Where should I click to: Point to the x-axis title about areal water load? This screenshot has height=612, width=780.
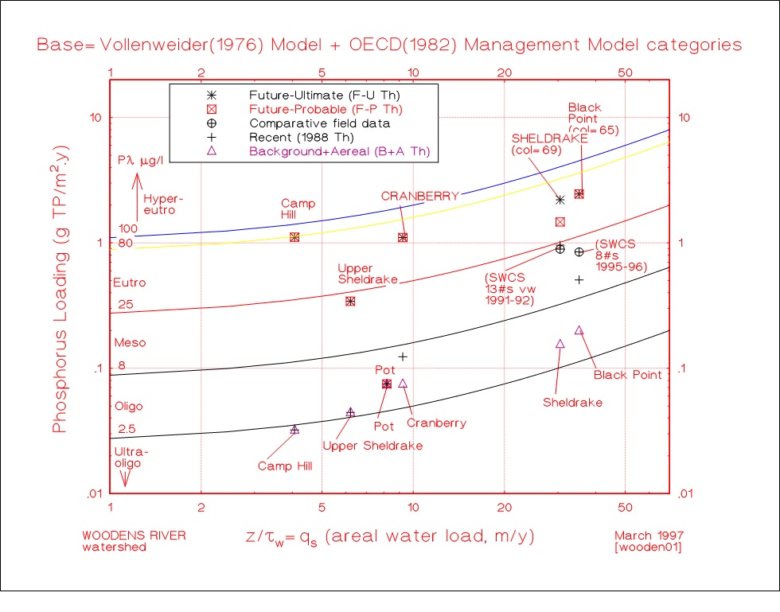coord(389,537)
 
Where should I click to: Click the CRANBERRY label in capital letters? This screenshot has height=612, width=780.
coord(409,196)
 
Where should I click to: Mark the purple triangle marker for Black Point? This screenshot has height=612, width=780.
coord(579,329)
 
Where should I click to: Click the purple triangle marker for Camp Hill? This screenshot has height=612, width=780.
coord(294,429)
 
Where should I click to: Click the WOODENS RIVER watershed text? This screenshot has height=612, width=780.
coord(134,541)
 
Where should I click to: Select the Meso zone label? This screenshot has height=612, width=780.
coord(131,343)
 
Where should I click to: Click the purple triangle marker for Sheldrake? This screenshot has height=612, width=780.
coord(560,343)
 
